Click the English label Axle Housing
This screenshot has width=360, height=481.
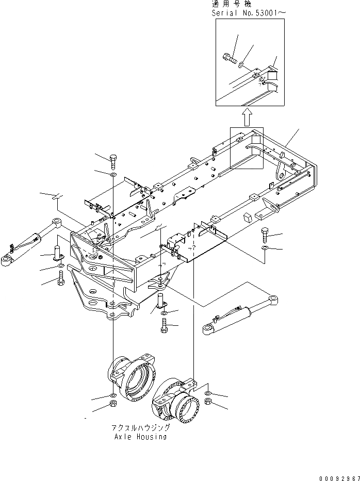(x=140, y=437)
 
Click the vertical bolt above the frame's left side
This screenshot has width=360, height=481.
(x=114, y=160)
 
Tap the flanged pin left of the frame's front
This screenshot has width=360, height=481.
(x=57, y=254)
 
